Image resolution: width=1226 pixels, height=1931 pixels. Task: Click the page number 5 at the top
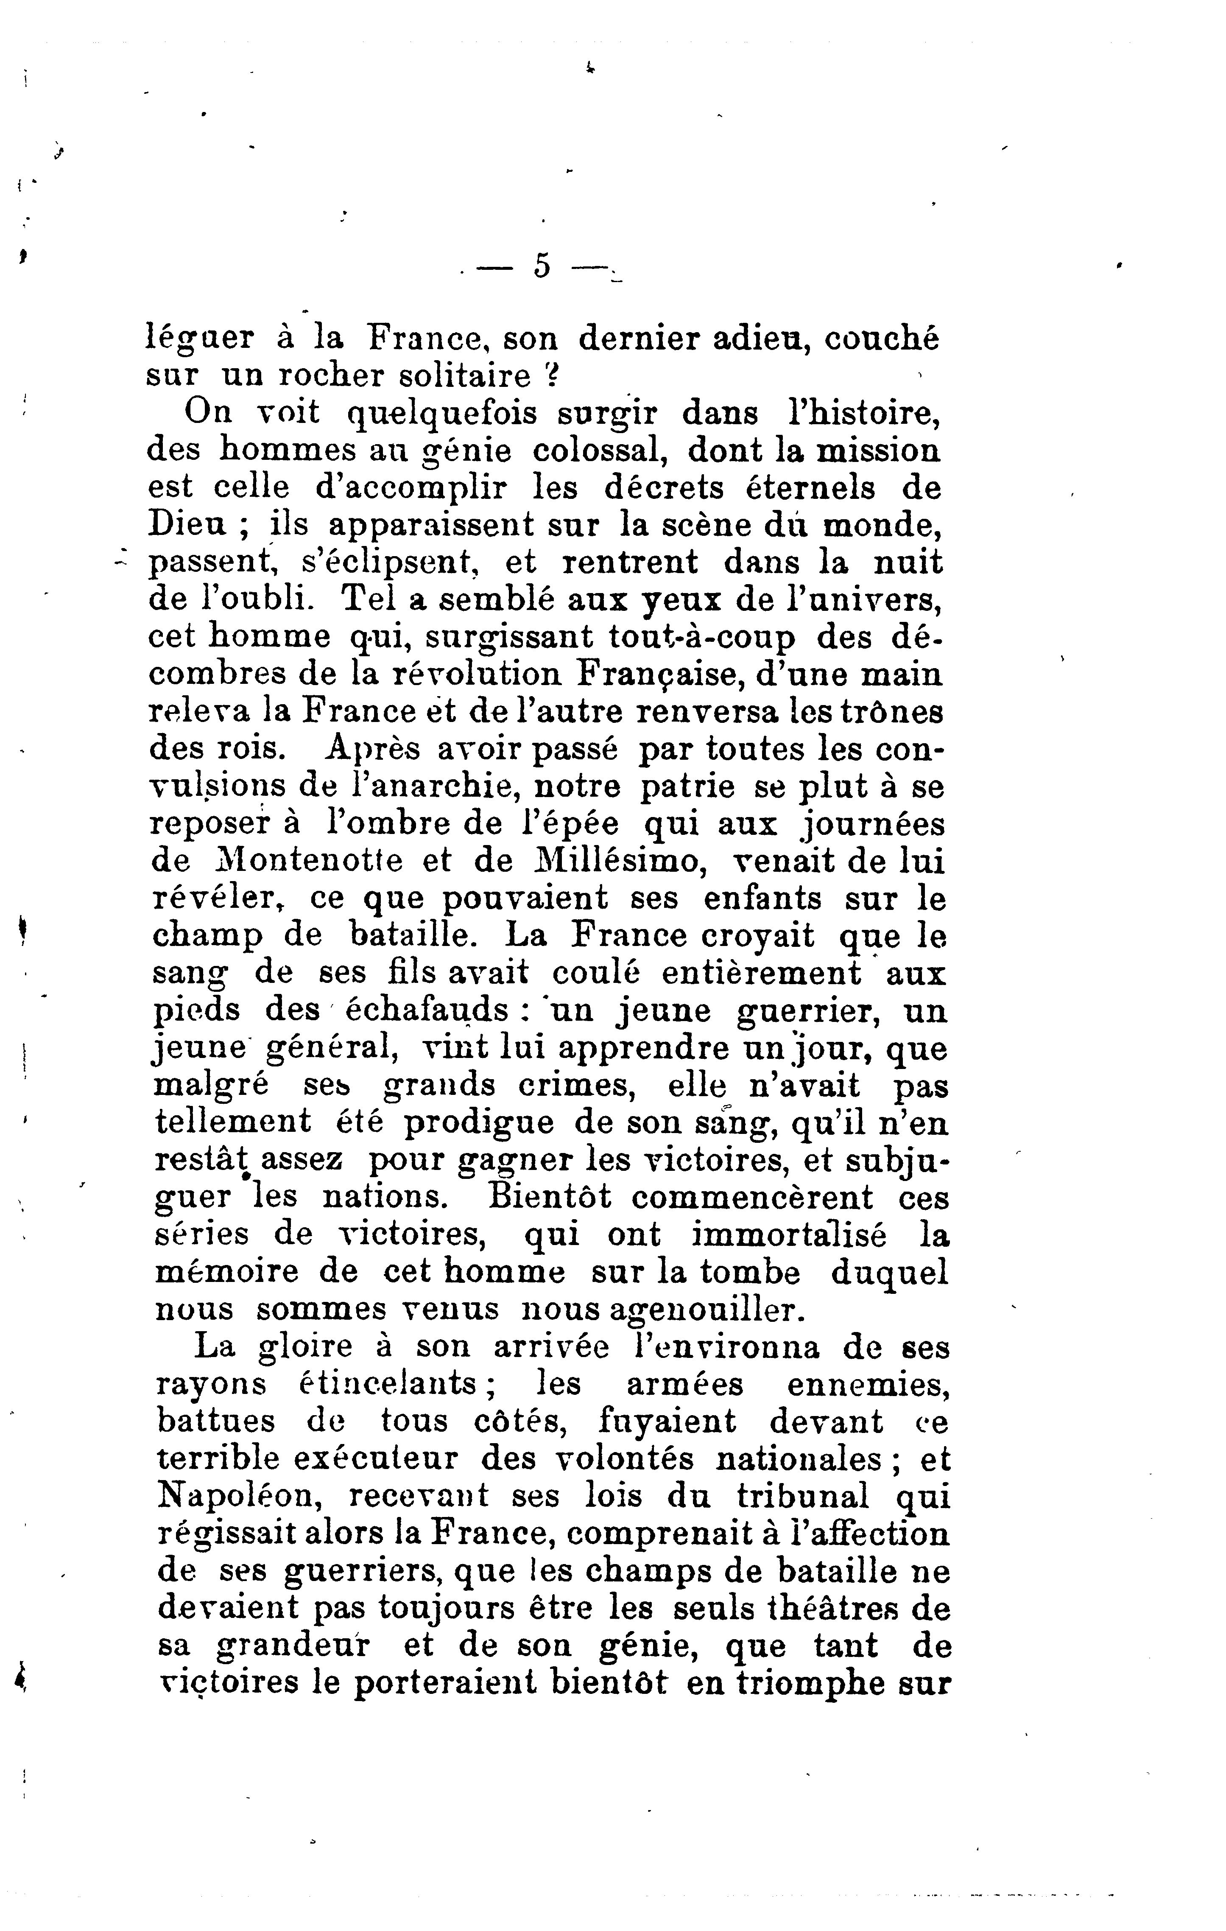click(x=542, y=266)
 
